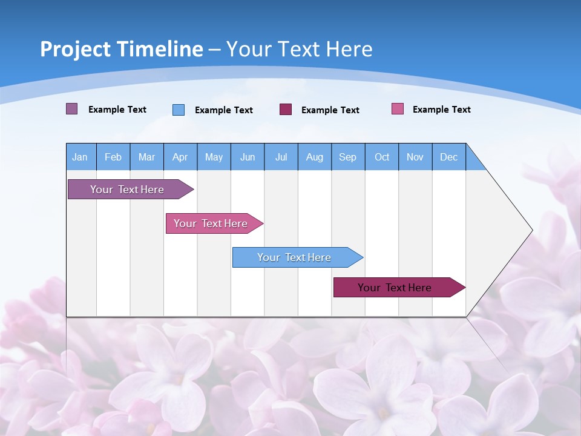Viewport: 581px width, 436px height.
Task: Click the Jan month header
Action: [x=80, y=157]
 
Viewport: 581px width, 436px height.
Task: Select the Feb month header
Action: [x=113, y=157]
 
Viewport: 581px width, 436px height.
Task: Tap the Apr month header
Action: [x=180, y=157]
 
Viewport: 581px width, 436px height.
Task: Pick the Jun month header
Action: [x=248, y=157]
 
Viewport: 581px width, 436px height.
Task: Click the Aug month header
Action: [x=315, y=157]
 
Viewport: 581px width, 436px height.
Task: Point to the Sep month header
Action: [x=347, y=157]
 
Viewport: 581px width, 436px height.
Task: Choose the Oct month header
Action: [x=382, y=157]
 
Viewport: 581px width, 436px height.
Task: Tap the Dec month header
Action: [x=448, y=157]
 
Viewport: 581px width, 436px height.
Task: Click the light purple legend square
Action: [x=71, y=109]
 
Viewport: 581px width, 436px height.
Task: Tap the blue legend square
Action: [x=179, y=110]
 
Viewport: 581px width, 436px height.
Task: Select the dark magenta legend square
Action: [x=285, y=109]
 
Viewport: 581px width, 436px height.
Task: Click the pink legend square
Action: [x=397, y=109]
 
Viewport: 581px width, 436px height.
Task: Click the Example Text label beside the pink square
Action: [x=441, y=110]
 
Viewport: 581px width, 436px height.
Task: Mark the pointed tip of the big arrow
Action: [x=531, y=230]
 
